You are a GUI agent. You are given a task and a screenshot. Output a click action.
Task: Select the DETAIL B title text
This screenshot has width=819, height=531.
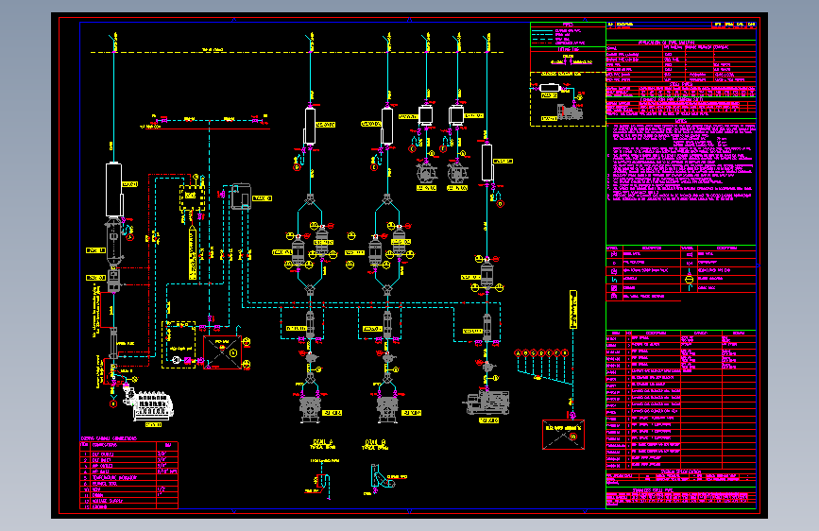(x=376, y=441)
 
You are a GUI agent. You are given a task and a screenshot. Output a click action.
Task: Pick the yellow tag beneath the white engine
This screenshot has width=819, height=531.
(x=154, y=425)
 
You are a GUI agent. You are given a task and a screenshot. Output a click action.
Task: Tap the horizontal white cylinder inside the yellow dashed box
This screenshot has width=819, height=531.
(x=549, y=91)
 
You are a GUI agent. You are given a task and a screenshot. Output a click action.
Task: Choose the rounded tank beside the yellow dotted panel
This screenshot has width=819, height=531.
(x=237, y=196)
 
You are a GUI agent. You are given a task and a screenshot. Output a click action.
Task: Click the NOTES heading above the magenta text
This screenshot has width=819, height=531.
(x=681, y=120)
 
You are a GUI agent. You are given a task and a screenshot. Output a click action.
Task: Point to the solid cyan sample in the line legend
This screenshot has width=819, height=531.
(x=541, y=31)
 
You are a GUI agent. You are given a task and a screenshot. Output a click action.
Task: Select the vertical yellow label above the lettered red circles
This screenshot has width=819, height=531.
(x=572, y=309)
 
